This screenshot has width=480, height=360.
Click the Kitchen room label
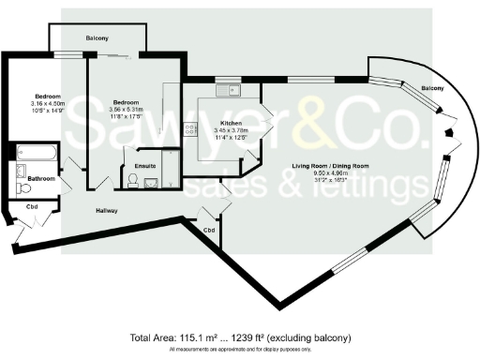click(x=232, y=124)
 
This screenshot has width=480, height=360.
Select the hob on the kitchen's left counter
click(x=189, y=128)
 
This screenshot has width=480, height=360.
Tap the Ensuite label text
click(x=145, y=166)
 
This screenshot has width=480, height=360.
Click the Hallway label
click(x=107, y=211)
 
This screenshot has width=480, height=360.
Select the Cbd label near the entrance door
click(x=31, y=206)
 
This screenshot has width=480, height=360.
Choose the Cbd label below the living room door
click(x=207, y=228)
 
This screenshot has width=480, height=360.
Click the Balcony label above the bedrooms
click(x=97, y=37)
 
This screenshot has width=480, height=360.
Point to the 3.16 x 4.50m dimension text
click(x=49, y=104)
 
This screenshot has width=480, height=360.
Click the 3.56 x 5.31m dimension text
click(x=126, y=110)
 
